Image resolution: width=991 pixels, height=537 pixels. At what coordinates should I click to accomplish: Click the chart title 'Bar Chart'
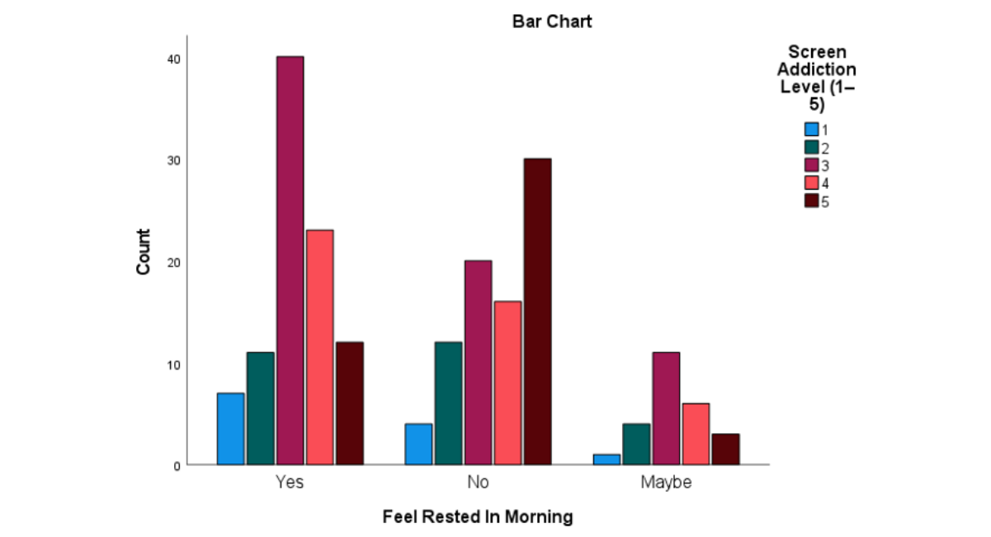click(x=552, y=21)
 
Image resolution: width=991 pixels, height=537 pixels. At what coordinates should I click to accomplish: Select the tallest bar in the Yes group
click(x=290, y=261)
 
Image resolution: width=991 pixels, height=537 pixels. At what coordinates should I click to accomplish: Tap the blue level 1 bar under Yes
click(x=230, y=429)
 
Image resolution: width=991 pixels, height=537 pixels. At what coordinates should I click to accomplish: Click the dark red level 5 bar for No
click(x=537, y=312)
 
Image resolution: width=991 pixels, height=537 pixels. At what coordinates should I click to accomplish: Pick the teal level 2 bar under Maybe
click(x=636, y=444)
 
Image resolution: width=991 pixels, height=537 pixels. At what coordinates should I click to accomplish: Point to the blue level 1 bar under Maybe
click(x=606, y=459)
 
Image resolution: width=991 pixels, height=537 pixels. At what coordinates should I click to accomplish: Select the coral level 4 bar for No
click(x=508, y=383)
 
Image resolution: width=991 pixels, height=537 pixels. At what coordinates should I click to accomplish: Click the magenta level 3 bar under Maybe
click(x=666, y=408)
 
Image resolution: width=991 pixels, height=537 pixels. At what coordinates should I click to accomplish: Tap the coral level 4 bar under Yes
click(x=320, y=347)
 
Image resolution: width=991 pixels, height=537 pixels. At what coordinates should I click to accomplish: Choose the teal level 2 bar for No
click(x=448, y=403)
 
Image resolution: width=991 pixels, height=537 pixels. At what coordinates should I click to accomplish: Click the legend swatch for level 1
click(x=811, y=130)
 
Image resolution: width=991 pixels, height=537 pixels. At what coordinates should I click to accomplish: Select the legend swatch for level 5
click(x=811, y=200)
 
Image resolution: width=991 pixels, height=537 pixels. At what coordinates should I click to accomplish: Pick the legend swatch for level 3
click(x=811, y=165)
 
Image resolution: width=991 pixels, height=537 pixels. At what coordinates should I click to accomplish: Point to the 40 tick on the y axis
click(x=174, y=59)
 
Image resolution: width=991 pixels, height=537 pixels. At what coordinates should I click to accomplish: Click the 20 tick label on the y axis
click(x=174, y=263)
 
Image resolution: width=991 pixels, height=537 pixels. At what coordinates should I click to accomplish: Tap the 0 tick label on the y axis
click(x=177, y=466)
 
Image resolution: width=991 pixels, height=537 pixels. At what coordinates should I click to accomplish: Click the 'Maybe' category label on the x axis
click(x=666, y=483)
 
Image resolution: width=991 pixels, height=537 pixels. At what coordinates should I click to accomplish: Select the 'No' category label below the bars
click(x=478, y=482)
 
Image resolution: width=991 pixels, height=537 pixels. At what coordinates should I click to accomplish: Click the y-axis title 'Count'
click(x=144, y=252)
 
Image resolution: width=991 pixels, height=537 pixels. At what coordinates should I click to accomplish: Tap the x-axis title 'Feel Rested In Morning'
click(x=478, y=516)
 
